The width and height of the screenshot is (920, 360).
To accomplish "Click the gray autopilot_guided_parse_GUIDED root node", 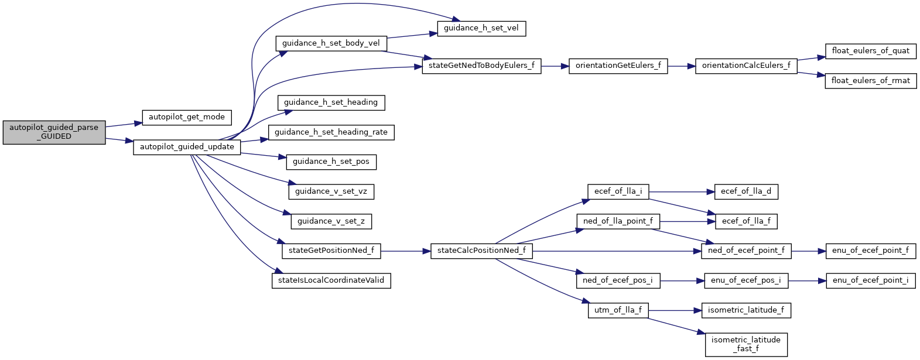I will click(54, 132).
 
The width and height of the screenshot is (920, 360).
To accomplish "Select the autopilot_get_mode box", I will click(187, 117).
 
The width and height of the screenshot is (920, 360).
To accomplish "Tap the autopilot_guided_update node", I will click(187, 147).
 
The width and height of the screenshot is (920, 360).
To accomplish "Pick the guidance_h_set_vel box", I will click(481, 28).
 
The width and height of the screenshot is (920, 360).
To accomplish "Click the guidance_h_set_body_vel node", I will click(331, 43).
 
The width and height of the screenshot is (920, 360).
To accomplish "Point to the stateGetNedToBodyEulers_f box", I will click(481, 66).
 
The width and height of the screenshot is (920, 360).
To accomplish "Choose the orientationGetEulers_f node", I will click(618, 66).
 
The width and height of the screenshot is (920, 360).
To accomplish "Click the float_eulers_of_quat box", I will click(870, 51).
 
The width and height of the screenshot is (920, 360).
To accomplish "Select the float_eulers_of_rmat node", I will click(871, 81).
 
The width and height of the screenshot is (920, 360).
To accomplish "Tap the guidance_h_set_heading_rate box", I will click(331, 132).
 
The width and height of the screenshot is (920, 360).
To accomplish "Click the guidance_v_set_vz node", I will click(331, 191).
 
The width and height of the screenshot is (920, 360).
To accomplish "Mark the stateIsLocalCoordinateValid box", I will click(331, 280).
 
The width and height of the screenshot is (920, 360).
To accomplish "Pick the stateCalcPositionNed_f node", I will click(481, 251).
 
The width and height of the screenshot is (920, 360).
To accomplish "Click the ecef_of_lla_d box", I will click(745, 191).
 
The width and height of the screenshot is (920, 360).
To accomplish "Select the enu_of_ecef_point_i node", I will click(870, 280).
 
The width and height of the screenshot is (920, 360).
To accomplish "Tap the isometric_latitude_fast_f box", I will click(745, 344).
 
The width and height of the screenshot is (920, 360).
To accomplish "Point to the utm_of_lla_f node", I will click(618, 310).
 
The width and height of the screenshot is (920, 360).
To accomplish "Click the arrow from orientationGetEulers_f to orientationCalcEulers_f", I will click(681, 66).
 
